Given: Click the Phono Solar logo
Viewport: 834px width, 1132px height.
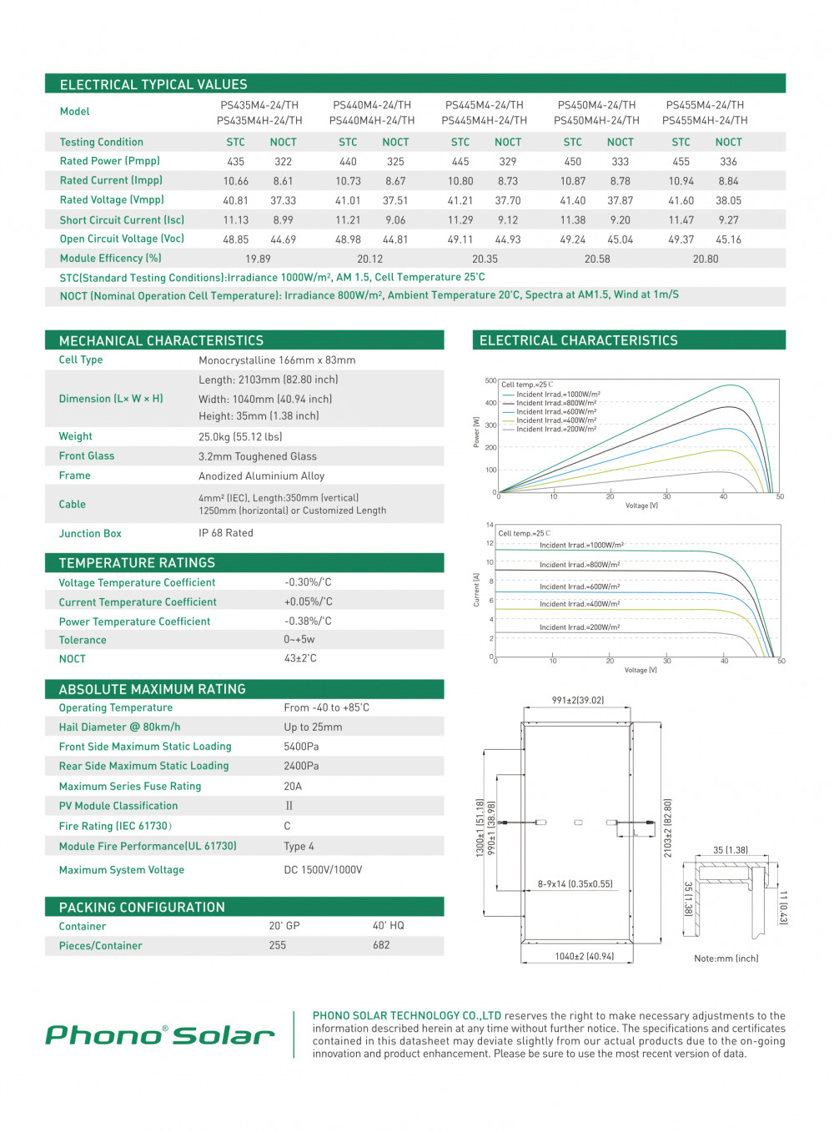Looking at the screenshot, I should (160, 1035).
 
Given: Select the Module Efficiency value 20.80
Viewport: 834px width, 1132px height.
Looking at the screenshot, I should (706, 259).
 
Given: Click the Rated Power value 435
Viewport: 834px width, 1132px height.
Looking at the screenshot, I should (236, 162).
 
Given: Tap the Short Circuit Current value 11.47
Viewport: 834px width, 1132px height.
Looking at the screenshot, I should (681, 220).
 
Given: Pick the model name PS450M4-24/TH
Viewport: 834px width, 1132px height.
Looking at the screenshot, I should (596, 105).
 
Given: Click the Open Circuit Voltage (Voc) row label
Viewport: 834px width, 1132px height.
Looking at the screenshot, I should (122, 239).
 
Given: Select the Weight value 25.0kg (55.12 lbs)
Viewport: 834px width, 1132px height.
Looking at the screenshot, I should (240, 436).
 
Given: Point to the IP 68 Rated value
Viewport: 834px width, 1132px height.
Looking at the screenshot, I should (226, 533).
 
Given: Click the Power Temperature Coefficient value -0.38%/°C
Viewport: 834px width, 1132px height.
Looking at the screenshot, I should (308, 621).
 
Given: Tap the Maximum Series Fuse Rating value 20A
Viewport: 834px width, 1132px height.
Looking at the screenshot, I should (293, 786).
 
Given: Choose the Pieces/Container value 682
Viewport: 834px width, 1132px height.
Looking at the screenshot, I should (381, 945).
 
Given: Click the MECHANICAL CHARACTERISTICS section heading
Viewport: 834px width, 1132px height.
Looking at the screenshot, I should (161, 340).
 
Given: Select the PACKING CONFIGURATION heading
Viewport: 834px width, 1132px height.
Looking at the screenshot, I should (142, 907).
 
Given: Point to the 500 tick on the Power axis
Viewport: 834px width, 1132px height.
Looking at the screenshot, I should (490, 380).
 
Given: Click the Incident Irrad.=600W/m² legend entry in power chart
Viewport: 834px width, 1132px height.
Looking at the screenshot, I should (556, 412).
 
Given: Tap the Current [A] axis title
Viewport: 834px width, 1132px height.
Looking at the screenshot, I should (476, 589).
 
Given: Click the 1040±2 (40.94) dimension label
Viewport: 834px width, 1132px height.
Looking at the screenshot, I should (585, 956).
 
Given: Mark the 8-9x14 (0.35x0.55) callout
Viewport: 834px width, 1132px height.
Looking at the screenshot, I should (575, 883).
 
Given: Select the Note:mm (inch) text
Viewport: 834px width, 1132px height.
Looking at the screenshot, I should (726, 958).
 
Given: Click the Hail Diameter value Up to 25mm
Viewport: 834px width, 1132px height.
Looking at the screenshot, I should (313, 727).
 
